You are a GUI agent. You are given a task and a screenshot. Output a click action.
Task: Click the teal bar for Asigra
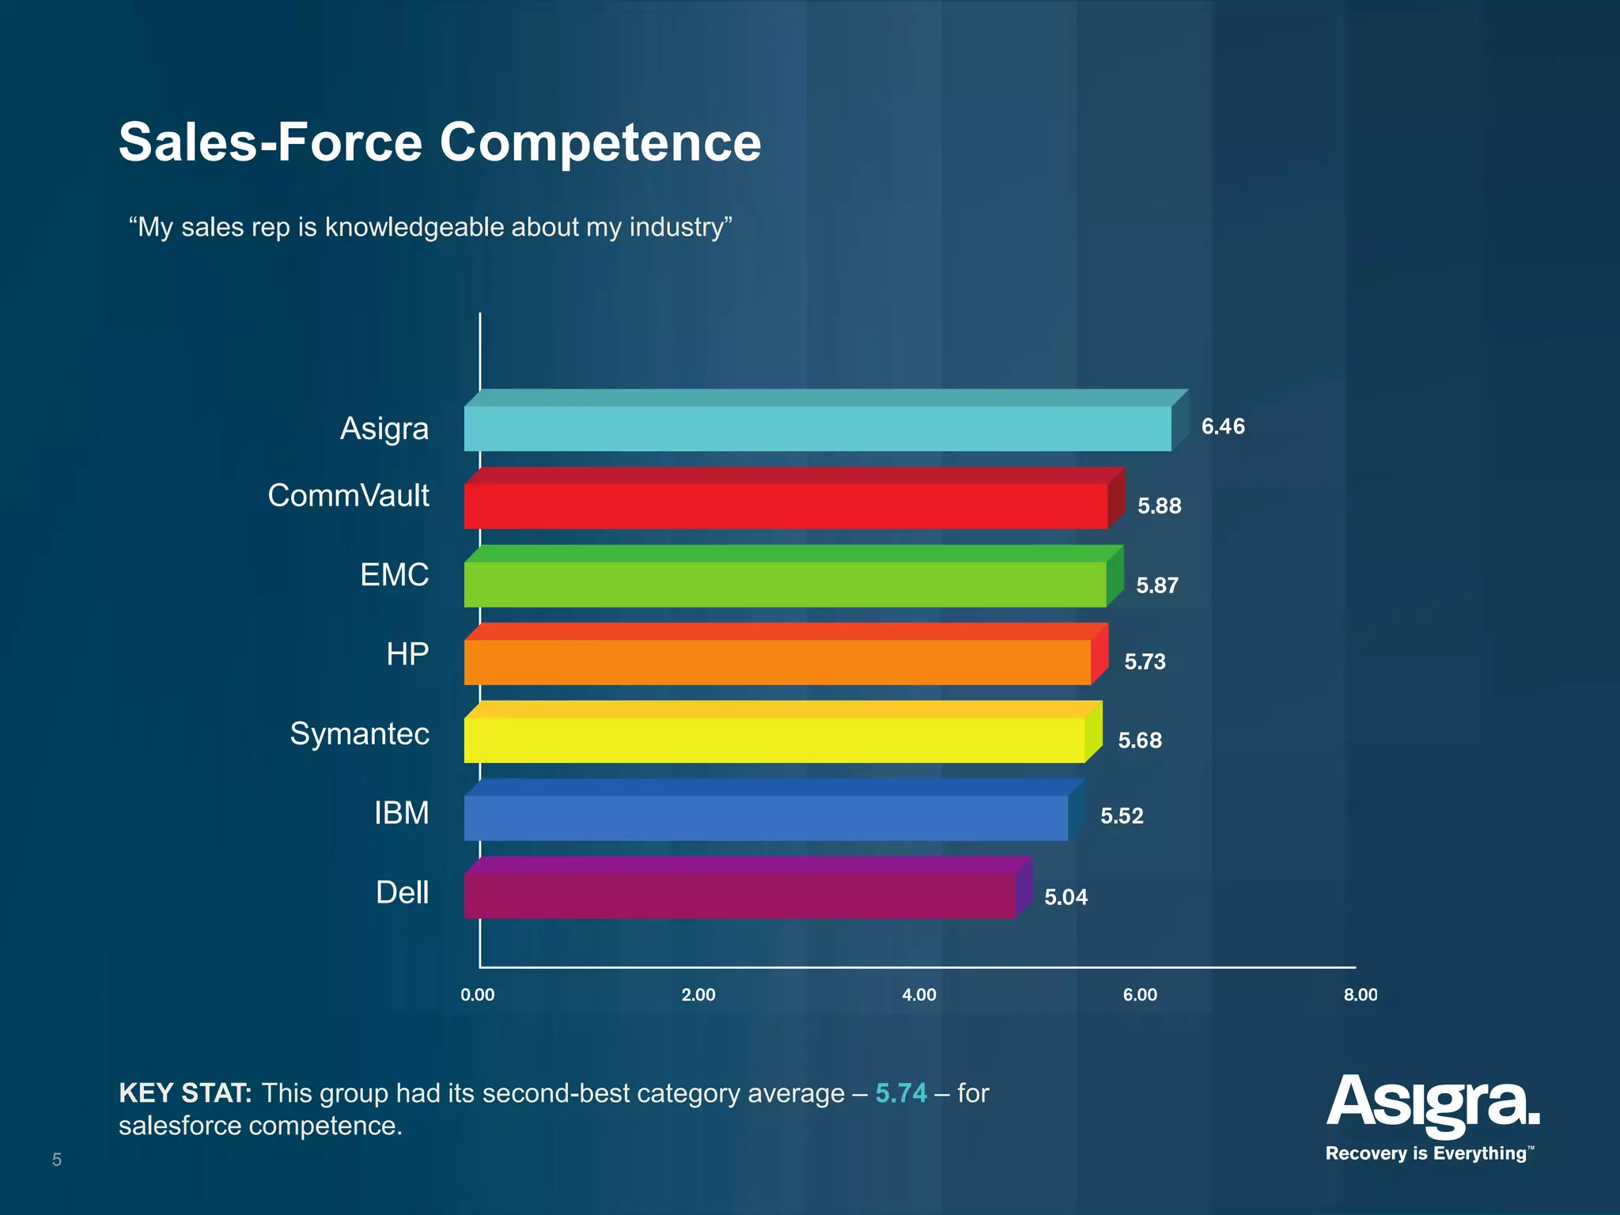coord(817,429)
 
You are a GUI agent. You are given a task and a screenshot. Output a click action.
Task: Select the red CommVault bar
coord(785,506)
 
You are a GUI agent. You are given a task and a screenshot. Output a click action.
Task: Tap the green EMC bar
coord(785,585)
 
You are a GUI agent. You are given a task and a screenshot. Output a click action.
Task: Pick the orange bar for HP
coord(777,662)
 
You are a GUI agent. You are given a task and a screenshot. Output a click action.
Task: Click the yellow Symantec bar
coord(774,740)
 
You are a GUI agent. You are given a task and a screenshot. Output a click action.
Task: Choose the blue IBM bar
coord(766,818)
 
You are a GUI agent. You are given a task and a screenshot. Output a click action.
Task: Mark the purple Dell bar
coord(739,895)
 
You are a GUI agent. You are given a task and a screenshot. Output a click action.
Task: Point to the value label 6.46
coord(1223,426)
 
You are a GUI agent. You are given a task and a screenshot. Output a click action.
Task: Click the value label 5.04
coord(1065,897)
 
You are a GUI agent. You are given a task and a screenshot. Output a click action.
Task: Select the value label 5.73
coord(1145,661)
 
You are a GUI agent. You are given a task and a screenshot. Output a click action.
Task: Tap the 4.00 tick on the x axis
coord(919,995)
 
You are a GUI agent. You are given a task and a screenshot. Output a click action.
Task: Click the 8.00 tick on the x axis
coord(1360,995)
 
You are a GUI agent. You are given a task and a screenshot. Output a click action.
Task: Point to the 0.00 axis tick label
coord(478,995)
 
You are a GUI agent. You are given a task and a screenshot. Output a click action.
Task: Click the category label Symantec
coord(359,733)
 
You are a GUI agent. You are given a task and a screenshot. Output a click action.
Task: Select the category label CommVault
coord(348,496)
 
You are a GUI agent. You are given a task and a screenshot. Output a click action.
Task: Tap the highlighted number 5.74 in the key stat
coord(900,1093)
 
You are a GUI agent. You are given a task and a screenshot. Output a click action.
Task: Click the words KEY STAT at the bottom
coord(185,1093)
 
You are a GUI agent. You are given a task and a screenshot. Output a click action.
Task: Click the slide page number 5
coord(57,1160)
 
